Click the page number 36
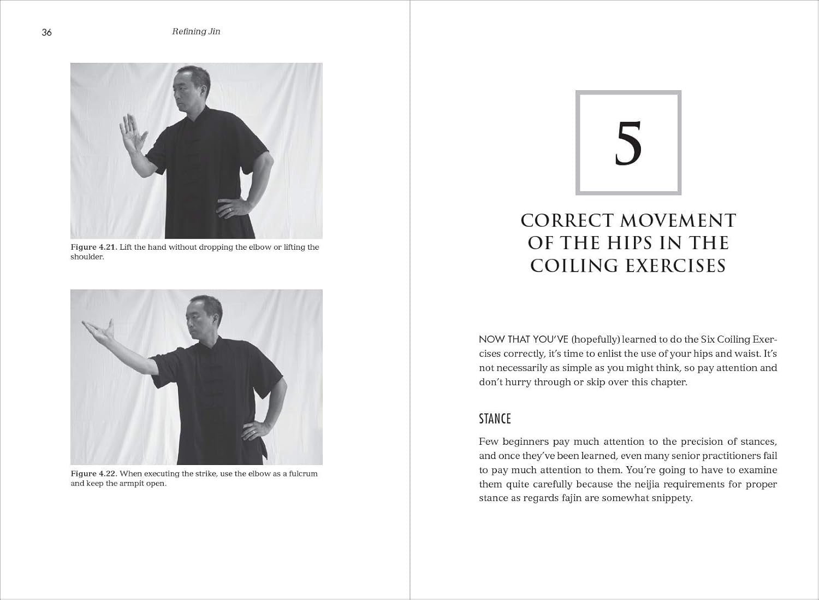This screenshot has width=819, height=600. click(x=46, y=32)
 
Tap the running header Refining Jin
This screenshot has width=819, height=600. click(x=196, y=32)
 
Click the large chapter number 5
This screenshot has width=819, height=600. click(x=628, y=143)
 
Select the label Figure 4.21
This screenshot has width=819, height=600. click(x=93, y=247)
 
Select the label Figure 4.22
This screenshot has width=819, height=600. click(x=93, y=474)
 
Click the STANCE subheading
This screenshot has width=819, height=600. click(x=495, y=419)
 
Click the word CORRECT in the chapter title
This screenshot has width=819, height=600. click(x=567, y=220)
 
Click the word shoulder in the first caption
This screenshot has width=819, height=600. click(x=87, y=257)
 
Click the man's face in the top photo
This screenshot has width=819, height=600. click(x=187, y=89)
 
